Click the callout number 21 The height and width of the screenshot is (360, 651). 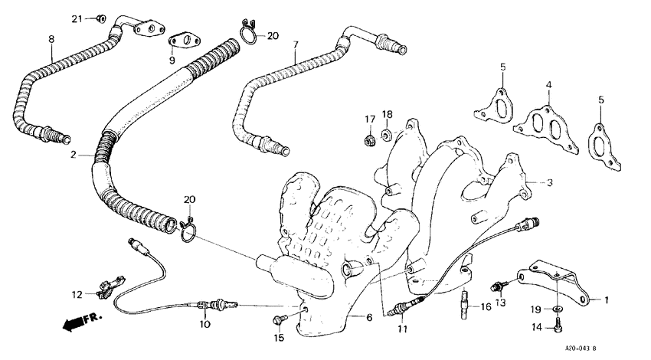pyautogui.click(x=77, y=18)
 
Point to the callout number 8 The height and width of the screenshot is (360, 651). pyautogui.click(x=51, y=38)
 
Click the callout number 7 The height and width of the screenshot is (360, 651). pyautogui.click(x=295, y=46)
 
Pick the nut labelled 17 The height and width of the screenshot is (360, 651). pyautogui.click(x=370, y=139)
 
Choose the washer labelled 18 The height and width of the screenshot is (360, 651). pyautogui.click(x=388, y=136)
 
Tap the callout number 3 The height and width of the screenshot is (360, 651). pyautogui.click(x=549, y=182)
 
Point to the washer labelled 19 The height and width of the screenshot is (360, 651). pyautogui.click(x=557, y=309)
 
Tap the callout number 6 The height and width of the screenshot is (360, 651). pyautogui.click(x=370, y=318)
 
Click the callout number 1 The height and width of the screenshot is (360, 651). pyautogui.click(x=607, y=299)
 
